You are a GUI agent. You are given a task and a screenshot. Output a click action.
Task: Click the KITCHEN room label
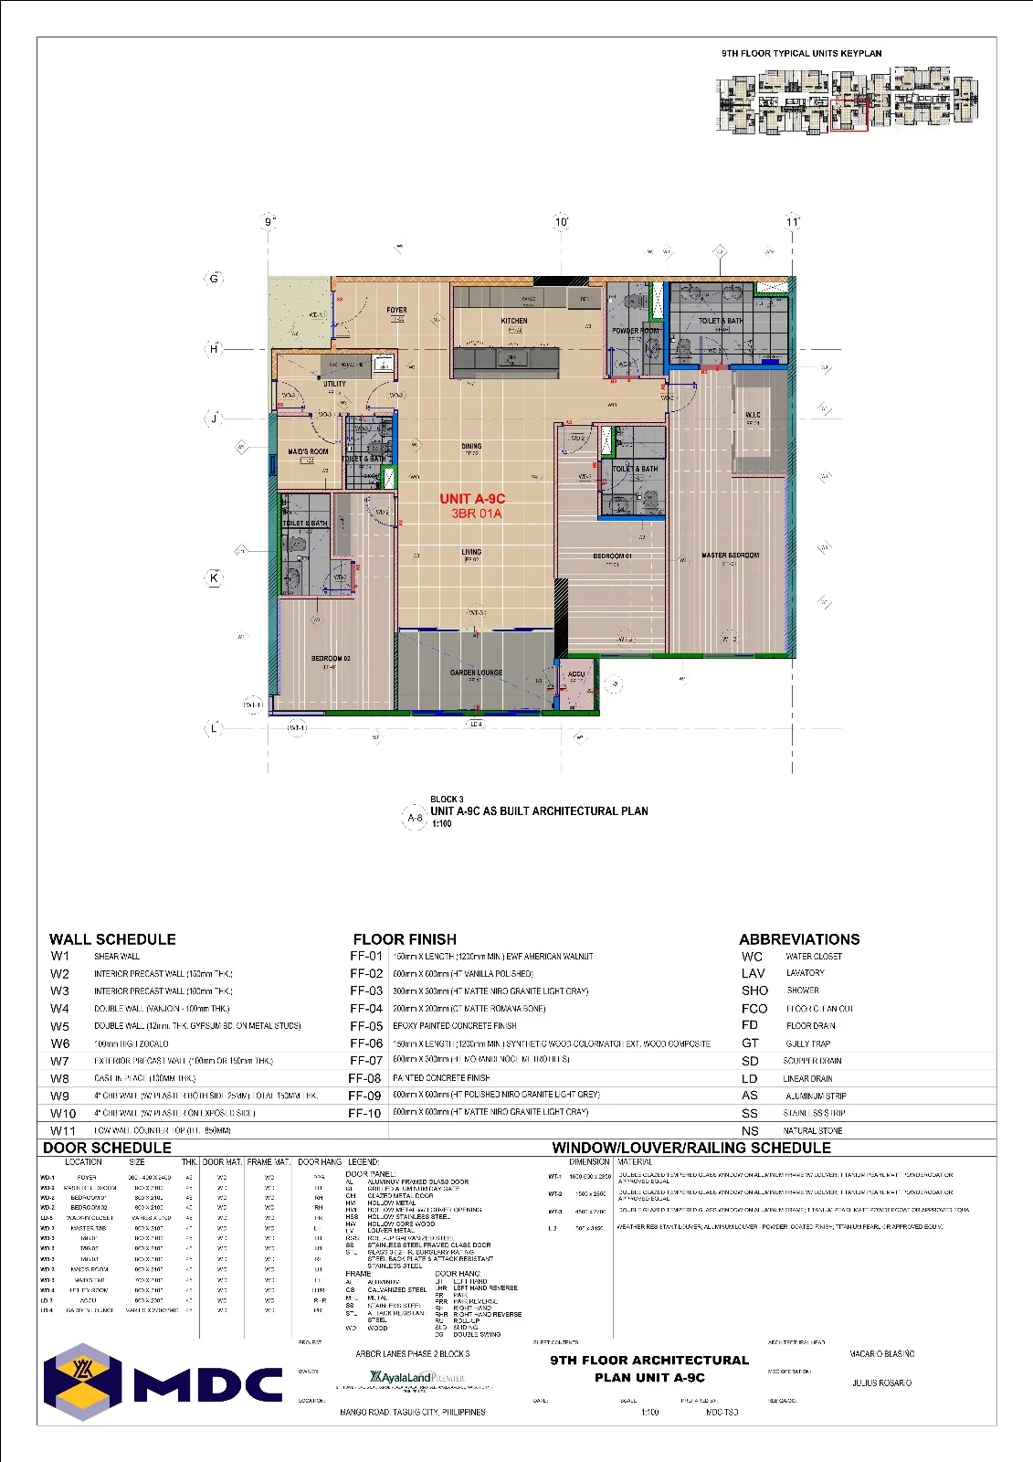click(x=514, y=321)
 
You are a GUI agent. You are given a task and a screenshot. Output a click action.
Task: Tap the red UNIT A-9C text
click(x=472, y=499)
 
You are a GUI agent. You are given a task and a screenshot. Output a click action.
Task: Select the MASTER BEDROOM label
click(x=730, y=556)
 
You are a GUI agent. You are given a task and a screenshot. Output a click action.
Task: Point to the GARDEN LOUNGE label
click(x=476, y=673)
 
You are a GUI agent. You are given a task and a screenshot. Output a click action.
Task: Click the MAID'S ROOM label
click(x=308, y=451)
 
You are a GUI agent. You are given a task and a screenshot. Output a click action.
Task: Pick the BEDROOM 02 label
click(x=330, y=658)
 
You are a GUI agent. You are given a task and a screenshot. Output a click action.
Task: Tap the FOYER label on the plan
click(x=396, y=311)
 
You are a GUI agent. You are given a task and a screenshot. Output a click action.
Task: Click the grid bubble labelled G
click(x=214, y=279)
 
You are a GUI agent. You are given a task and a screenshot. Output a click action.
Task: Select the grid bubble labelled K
click(x=214, y=577)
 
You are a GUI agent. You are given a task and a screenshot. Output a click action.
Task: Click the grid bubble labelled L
click(x=214, y=728)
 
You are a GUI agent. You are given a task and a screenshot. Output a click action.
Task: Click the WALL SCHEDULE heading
click(x=112, y=939)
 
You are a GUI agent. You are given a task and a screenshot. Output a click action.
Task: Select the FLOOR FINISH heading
click(x=405, y=939)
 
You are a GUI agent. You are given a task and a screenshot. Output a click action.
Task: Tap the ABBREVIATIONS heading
click(x=799, y=939)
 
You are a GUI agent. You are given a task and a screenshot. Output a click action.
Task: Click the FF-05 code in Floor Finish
click(x=365, y=1026)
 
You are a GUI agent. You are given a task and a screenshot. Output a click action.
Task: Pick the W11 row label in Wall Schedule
click(x=63, y=1130)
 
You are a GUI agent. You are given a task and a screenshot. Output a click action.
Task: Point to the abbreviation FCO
click(x=754, y=1009)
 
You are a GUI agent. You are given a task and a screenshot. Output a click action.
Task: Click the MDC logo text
click(x=208, y=1384)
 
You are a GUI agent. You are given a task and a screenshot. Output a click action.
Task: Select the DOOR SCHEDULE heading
click(x=107, y=1148)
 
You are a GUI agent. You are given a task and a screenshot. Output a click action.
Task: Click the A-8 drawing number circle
click(x=415, y=818)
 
